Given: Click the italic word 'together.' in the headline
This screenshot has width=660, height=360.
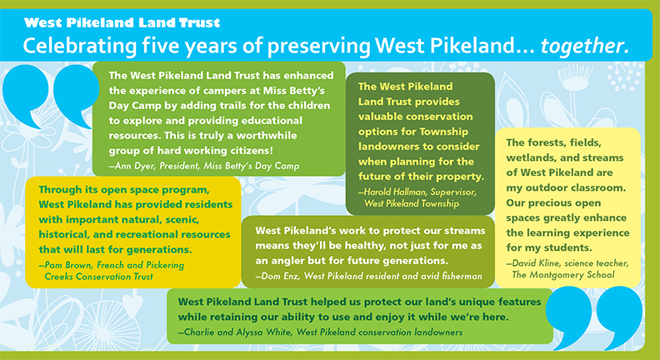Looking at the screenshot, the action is click(585, 46).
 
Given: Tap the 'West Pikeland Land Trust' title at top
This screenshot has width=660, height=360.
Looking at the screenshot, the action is click(122, 22).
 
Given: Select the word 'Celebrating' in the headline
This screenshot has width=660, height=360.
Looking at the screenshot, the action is click(79, 47).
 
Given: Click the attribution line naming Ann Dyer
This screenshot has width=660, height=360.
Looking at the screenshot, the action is click(204, 166).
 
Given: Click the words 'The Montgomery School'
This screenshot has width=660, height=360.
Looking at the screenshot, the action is click(563, 275).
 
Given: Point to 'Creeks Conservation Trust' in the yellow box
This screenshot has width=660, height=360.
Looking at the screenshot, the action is click(99, 277).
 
